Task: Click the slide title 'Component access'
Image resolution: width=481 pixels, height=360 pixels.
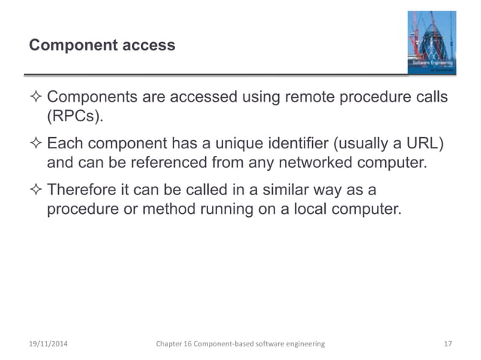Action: (x=102, y=46)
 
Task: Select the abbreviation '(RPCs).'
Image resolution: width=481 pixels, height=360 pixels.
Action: (x=76, y=119)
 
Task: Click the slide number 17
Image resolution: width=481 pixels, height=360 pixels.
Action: (x=448, y=343)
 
